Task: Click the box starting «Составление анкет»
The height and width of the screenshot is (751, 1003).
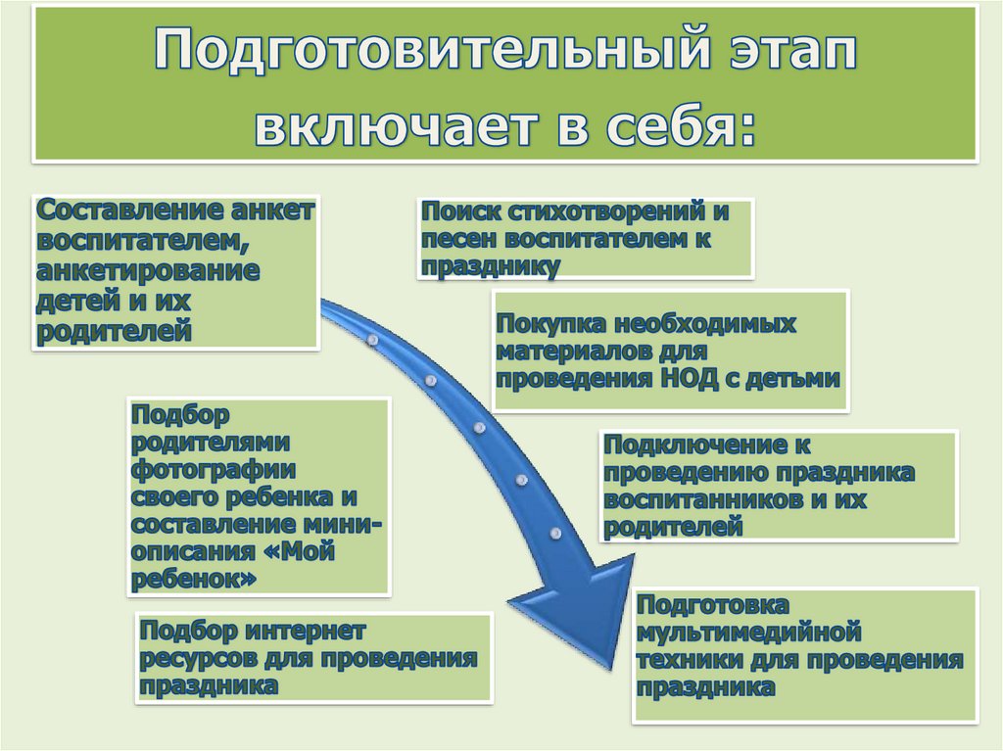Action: pos(176,271)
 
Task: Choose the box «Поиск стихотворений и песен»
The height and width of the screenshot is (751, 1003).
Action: pos(585,238)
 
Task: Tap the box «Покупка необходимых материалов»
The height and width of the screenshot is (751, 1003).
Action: pos(670,351)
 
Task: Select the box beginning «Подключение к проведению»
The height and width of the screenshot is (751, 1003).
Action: pos(777,486)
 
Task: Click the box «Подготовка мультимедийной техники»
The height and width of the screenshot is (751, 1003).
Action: pos(804,654)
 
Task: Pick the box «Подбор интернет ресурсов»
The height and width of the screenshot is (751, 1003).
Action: pos(311,657)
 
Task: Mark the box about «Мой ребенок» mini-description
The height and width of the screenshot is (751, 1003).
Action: pos(259,496)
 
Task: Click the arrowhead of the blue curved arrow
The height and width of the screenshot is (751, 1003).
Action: pos(569,613)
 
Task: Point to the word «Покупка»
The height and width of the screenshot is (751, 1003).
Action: pos(548,323)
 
